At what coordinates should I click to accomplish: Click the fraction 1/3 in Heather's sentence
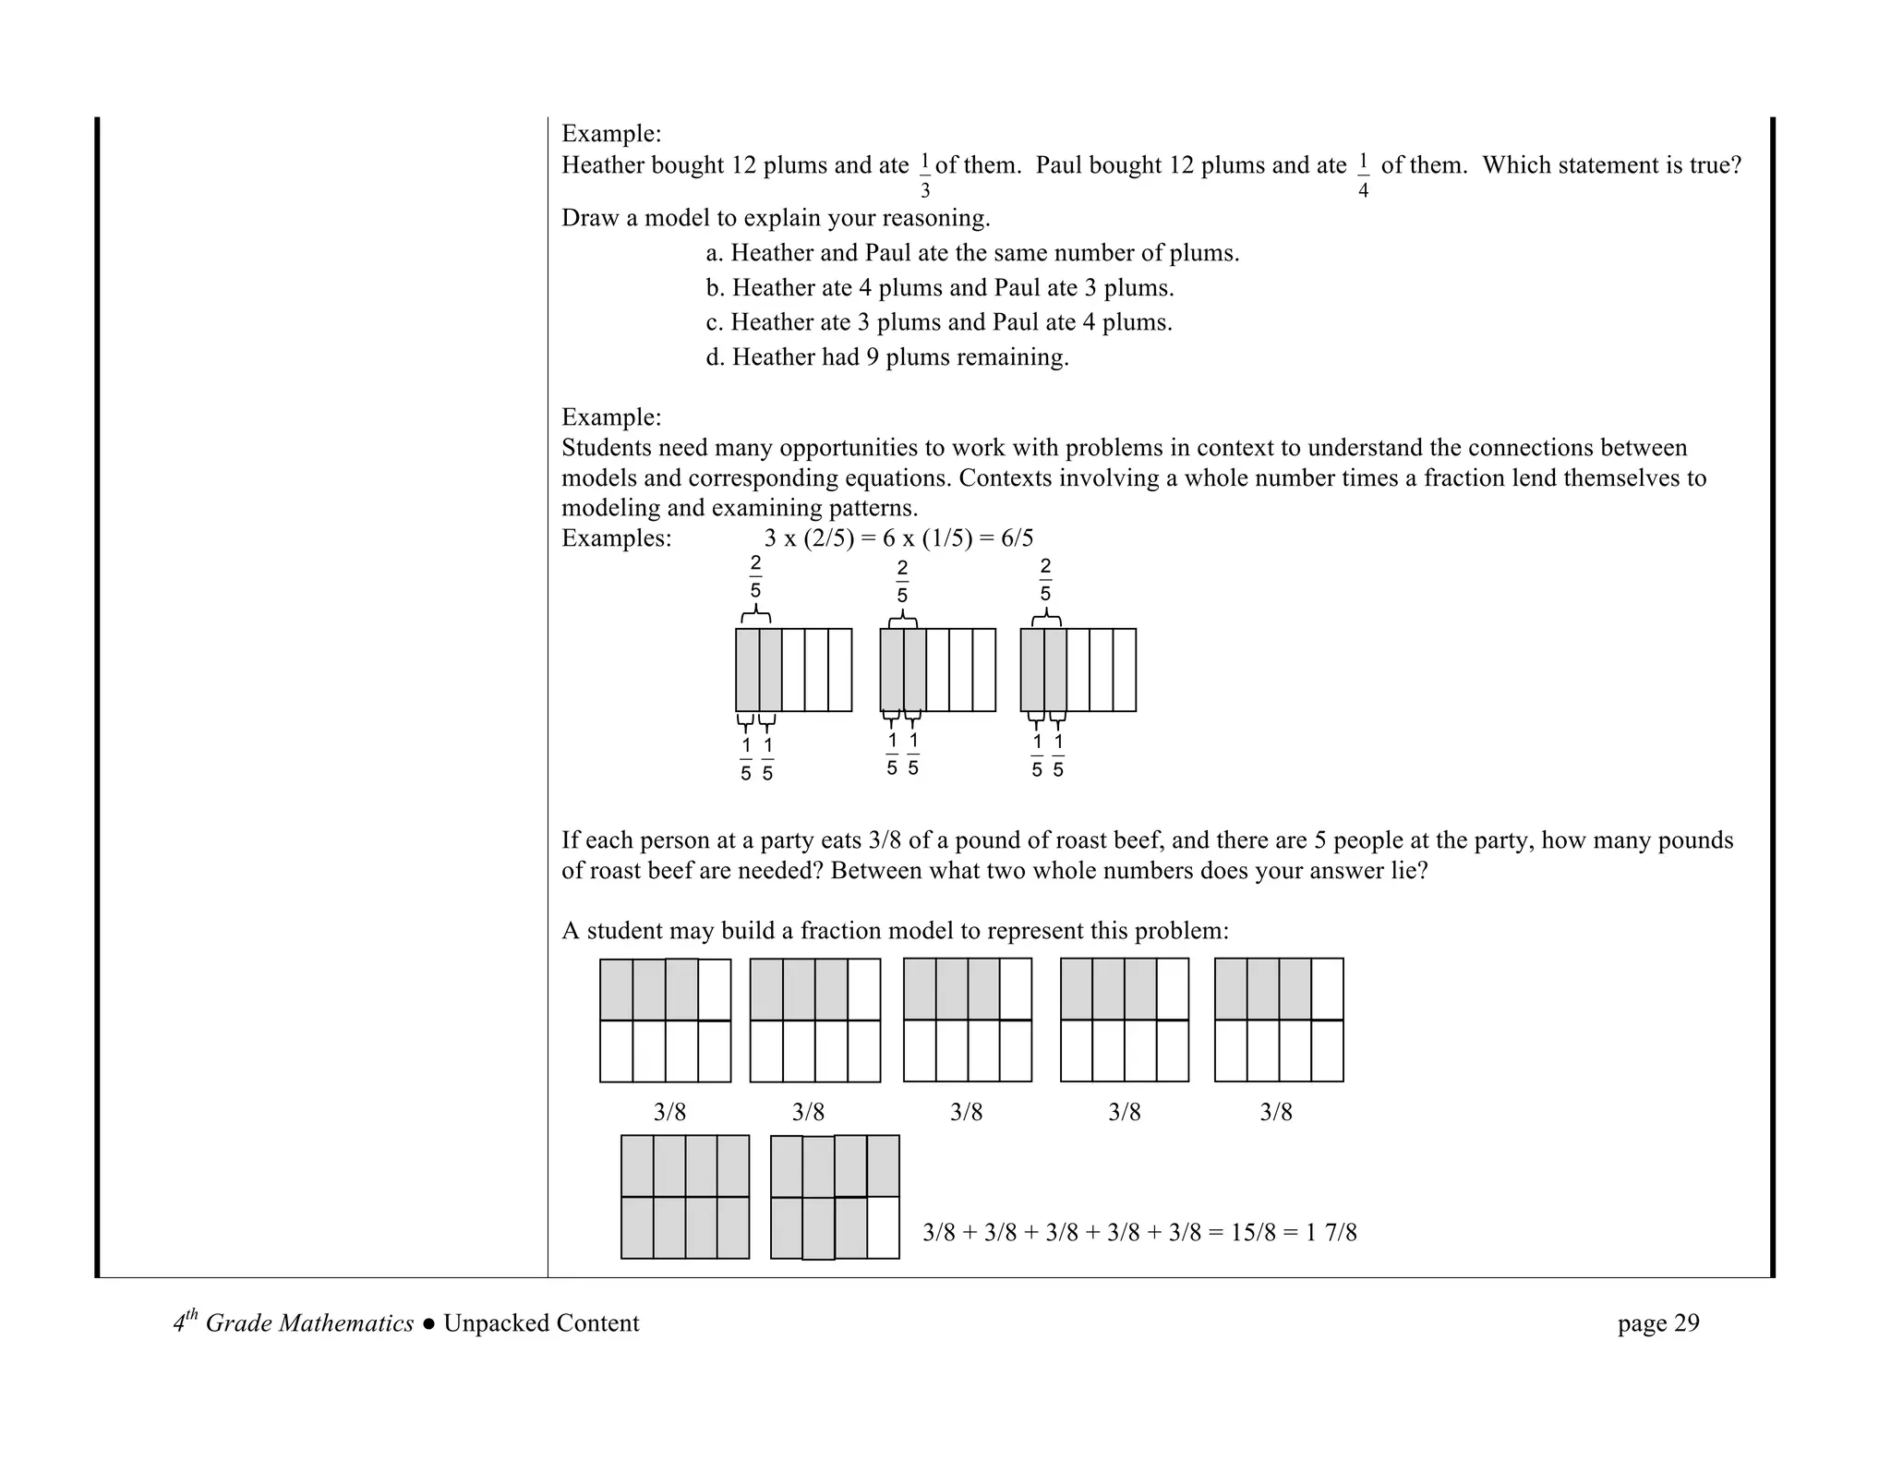(x=924, y=175)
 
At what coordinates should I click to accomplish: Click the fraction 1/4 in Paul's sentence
(x=1363, y=175)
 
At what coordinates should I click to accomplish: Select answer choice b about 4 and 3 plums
(x=940, y=288)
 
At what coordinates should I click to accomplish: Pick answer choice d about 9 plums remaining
(x=887, y=357)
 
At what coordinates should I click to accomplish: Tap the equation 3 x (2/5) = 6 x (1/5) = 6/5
(x=898, y=538)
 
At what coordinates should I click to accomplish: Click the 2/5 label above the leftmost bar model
(x=755, y=577)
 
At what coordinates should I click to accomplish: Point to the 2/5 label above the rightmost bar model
(x=1045, y=580)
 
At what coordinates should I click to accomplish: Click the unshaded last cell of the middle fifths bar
(x=984, y=670)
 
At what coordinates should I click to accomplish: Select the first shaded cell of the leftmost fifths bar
(x=747, y=670)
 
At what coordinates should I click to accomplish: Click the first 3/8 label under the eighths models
(x=669, y=1112)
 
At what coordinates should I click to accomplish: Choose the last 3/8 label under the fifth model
(x=1276, y=1112)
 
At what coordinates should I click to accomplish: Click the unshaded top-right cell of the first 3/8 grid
(x=714, y=989)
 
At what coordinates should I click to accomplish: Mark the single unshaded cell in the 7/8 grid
(x=883, y=1227)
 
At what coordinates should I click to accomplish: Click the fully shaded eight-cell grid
(x=684, y=1197)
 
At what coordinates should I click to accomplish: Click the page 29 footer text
(x=1657, y=1323)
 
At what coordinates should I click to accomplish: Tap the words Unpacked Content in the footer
(x=541, y=1323)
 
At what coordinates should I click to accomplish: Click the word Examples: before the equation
(x=617, y=538)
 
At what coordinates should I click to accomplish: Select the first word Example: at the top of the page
(x=611, y=134)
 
